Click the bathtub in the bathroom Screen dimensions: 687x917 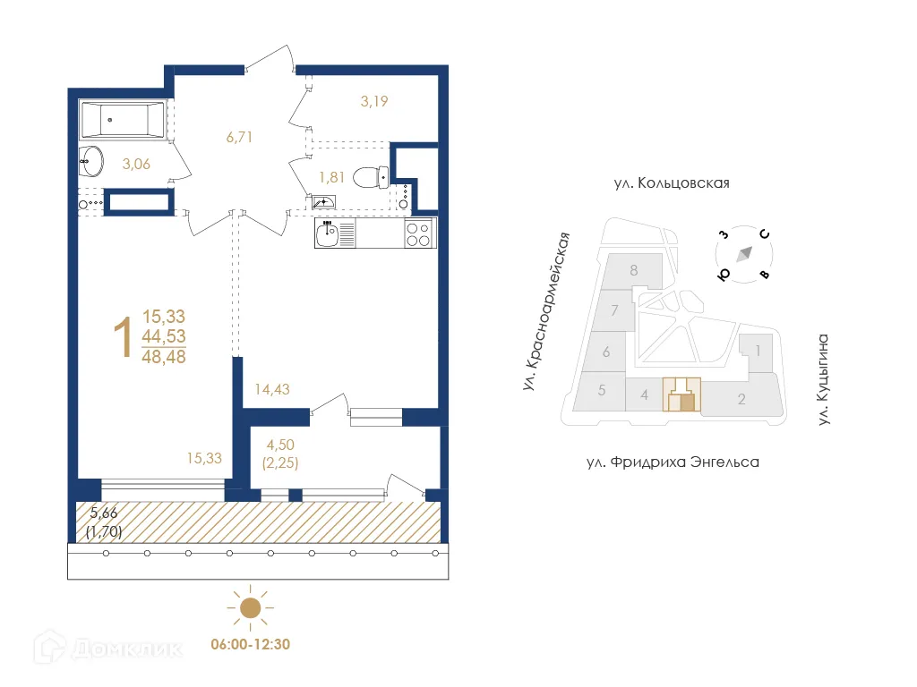coord(121,119)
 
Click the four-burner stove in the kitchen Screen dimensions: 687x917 coord(417,234)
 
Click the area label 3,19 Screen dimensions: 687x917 coord(375,101)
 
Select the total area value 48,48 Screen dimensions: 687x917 coord(164,356)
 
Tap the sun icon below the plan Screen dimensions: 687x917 coord(250,608)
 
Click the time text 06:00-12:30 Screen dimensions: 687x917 coord(250,643)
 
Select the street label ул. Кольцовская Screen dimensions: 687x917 coord(672,183)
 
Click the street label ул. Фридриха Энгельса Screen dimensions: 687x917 coord(672,462)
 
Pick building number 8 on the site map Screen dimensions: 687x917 coord(633,269)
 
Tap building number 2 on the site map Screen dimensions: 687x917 coord(741,399)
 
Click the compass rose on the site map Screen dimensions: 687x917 coord(743,255)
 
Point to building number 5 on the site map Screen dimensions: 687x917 coord(603,390)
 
